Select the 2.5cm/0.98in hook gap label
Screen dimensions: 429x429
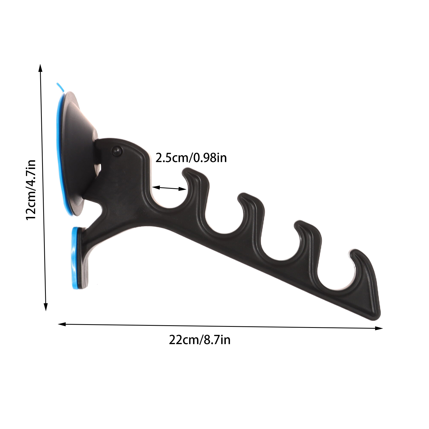click(x=191, y=158)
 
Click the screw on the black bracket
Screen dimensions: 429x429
click(x=117, y=151)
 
